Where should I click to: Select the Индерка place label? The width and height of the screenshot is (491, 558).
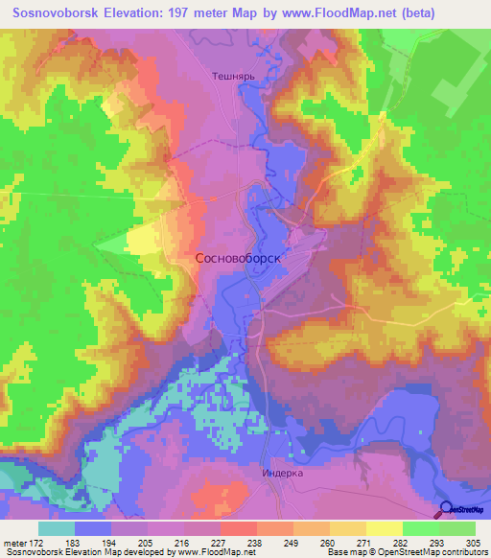coord(282,474)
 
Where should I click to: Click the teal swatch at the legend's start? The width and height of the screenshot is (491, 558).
coord(57,528)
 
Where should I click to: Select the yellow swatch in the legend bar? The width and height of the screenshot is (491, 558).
coord(384,528)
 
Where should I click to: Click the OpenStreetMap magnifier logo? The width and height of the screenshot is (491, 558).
coord(448,509)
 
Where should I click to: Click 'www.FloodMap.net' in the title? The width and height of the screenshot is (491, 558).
coord(319,13)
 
